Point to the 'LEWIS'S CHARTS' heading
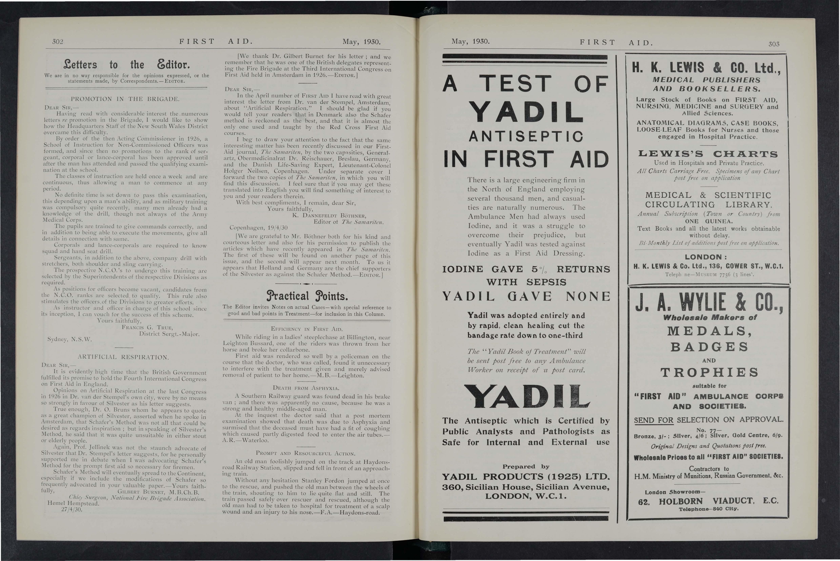[x=708, y=154]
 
